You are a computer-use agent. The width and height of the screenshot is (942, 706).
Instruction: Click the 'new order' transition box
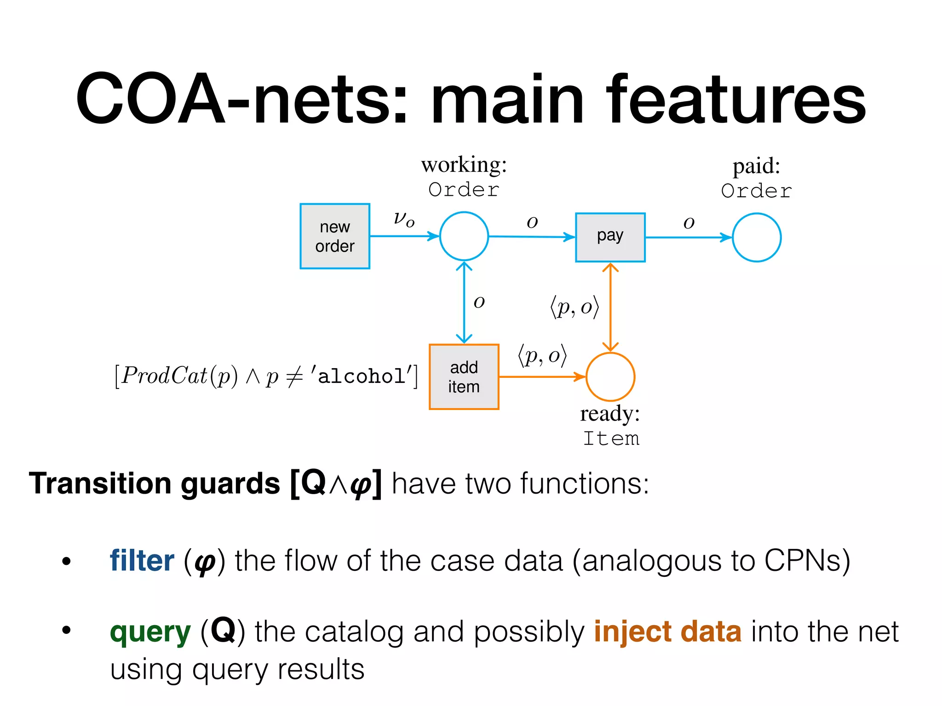[335, 236]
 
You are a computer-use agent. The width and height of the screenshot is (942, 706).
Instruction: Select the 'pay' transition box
[610, 237]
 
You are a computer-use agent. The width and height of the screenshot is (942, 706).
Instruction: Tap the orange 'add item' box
[464, 377]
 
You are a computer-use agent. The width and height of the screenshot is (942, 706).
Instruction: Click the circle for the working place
[464, 236]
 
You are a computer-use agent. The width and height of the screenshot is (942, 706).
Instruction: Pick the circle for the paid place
[756, 237]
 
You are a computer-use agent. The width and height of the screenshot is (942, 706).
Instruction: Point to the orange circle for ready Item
[610, 377]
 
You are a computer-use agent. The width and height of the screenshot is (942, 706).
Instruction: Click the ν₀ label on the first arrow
[404, 219]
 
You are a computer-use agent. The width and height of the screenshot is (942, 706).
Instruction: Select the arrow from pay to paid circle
[688, 238]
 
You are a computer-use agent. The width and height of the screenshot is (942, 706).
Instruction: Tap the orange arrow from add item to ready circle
[542, 377]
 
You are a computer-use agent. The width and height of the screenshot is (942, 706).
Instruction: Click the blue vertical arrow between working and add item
[464, 303]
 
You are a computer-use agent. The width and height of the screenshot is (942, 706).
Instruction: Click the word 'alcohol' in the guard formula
[361, 376]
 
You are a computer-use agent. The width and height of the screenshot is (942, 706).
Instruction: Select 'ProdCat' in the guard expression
[165, 376]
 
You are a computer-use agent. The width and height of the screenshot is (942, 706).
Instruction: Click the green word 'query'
[150, 632]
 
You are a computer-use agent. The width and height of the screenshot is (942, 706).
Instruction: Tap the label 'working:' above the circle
[464, 165]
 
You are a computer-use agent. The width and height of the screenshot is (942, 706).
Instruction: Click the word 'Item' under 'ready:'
[611, 438]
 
